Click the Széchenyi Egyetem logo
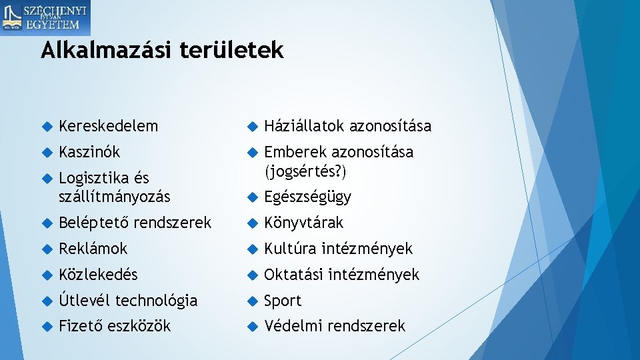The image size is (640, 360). pos(45,18)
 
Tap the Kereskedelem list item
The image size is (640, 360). pos(108,126)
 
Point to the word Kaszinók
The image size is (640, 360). pos(89,152)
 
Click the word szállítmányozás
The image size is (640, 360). pos(114,197)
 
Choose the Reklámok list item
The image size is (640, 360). pos(93,249)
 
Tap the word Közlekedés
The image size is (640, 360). pos(98,275)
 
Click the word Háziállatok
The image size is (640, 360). pos(304,126)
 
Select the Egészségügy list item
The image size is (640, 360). pos(307,197)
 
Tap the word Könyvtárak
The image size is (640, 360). pos(303,223)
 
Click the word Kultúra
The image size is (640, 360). pos(291,249)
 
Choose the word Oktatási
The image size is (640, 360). pos(293,275)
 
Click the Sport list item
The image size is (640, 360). pos(283,301)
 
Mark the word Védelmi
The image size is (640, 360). pos(290,326)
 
